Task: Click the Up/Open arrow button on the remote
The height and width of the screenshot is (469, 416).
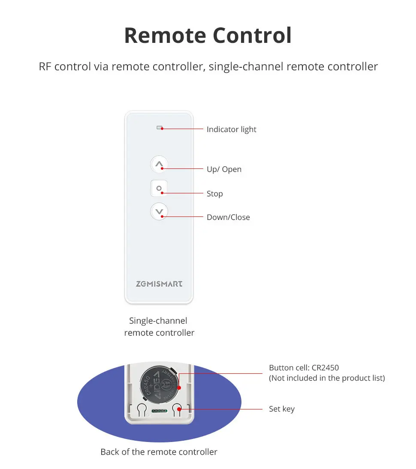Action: point(159,164)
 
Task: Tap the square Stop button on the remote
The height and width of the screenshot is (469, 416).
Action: point(159,188)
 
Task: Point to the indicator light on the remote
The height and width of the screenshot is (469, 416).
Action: point(160,127)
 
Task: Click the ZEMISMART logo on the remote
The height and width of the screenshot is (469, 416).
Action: point(159,284)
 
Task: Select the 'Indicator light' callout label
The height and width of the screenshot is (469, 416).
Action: point(231,129)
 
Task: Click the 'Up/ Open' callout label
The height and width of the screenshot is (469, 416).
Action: point(224,169)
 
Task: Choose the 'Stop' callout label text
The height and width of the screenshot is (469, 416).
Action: point(214,194)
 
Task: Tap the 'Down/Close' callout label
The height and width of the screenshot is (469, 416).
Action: point(228,217)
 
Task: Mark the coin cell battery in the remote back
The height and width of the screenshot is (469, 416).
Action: point(160,383)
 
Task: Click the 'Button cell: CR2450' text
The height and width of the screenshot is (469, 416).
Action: point(304,368)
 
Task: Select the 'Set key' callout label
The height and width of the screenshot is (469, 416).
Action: point(281,409)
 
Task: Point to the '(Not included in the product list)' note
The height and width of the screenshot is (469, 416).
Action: point(327,378)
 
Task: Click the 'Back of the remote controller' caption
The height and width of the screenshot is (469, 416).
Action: point(159,452)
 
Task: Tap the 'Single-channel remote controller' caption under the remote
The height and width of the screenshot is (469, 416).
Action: point(159,327)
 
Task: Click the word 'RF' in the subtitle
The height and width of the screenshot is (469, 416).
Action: point(45,67)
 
